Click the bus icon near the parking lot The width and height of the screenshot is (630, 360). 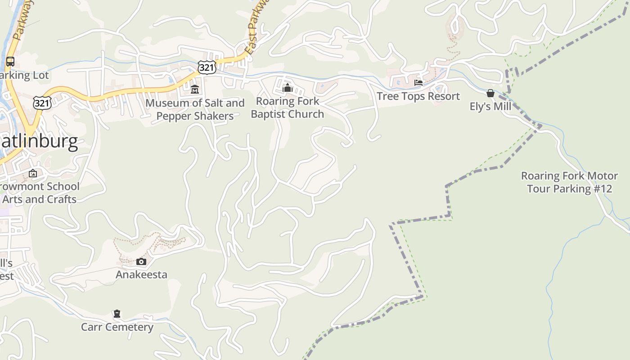click(10, 62)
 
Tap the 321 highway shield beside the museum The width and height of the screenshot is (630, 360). click(207, 67)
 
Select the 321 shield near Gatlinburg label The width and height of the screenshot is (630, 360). click(42, 103)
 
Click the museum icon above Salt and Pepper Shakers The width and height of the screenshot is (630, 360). click(195, 90)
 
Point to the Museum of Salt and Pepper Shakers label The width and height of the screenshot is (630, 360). click(195, 109)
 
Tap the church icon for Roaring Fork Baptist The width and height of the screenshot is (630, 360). click(288, 87)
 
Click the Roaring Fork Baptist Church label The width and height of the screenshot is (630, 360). click(288, 108)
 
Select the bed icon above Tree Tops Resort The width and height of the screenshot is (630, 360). click(418, 83)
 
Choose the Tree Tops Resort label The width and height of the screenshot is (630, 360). click(418, 96)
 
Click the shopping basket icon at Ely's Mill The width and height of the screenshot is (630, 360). click(490, 93)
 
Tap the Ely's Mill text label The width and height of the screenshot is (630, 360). click(490, 107)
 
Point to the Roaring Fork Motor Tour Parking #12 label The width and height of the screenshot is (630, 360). click(569, 182)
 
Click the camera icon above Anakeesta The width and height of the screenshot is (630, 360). click(141, 261)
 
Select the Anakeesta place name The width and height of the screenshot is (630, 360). click(141, 274)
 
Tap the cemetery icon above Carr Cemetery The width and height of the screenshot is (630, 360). click(117, 313)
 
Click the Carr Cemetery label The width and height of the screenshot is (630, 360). click(117, 327)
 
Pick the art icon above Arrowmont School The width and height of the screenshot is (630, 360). click(33, 173)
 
